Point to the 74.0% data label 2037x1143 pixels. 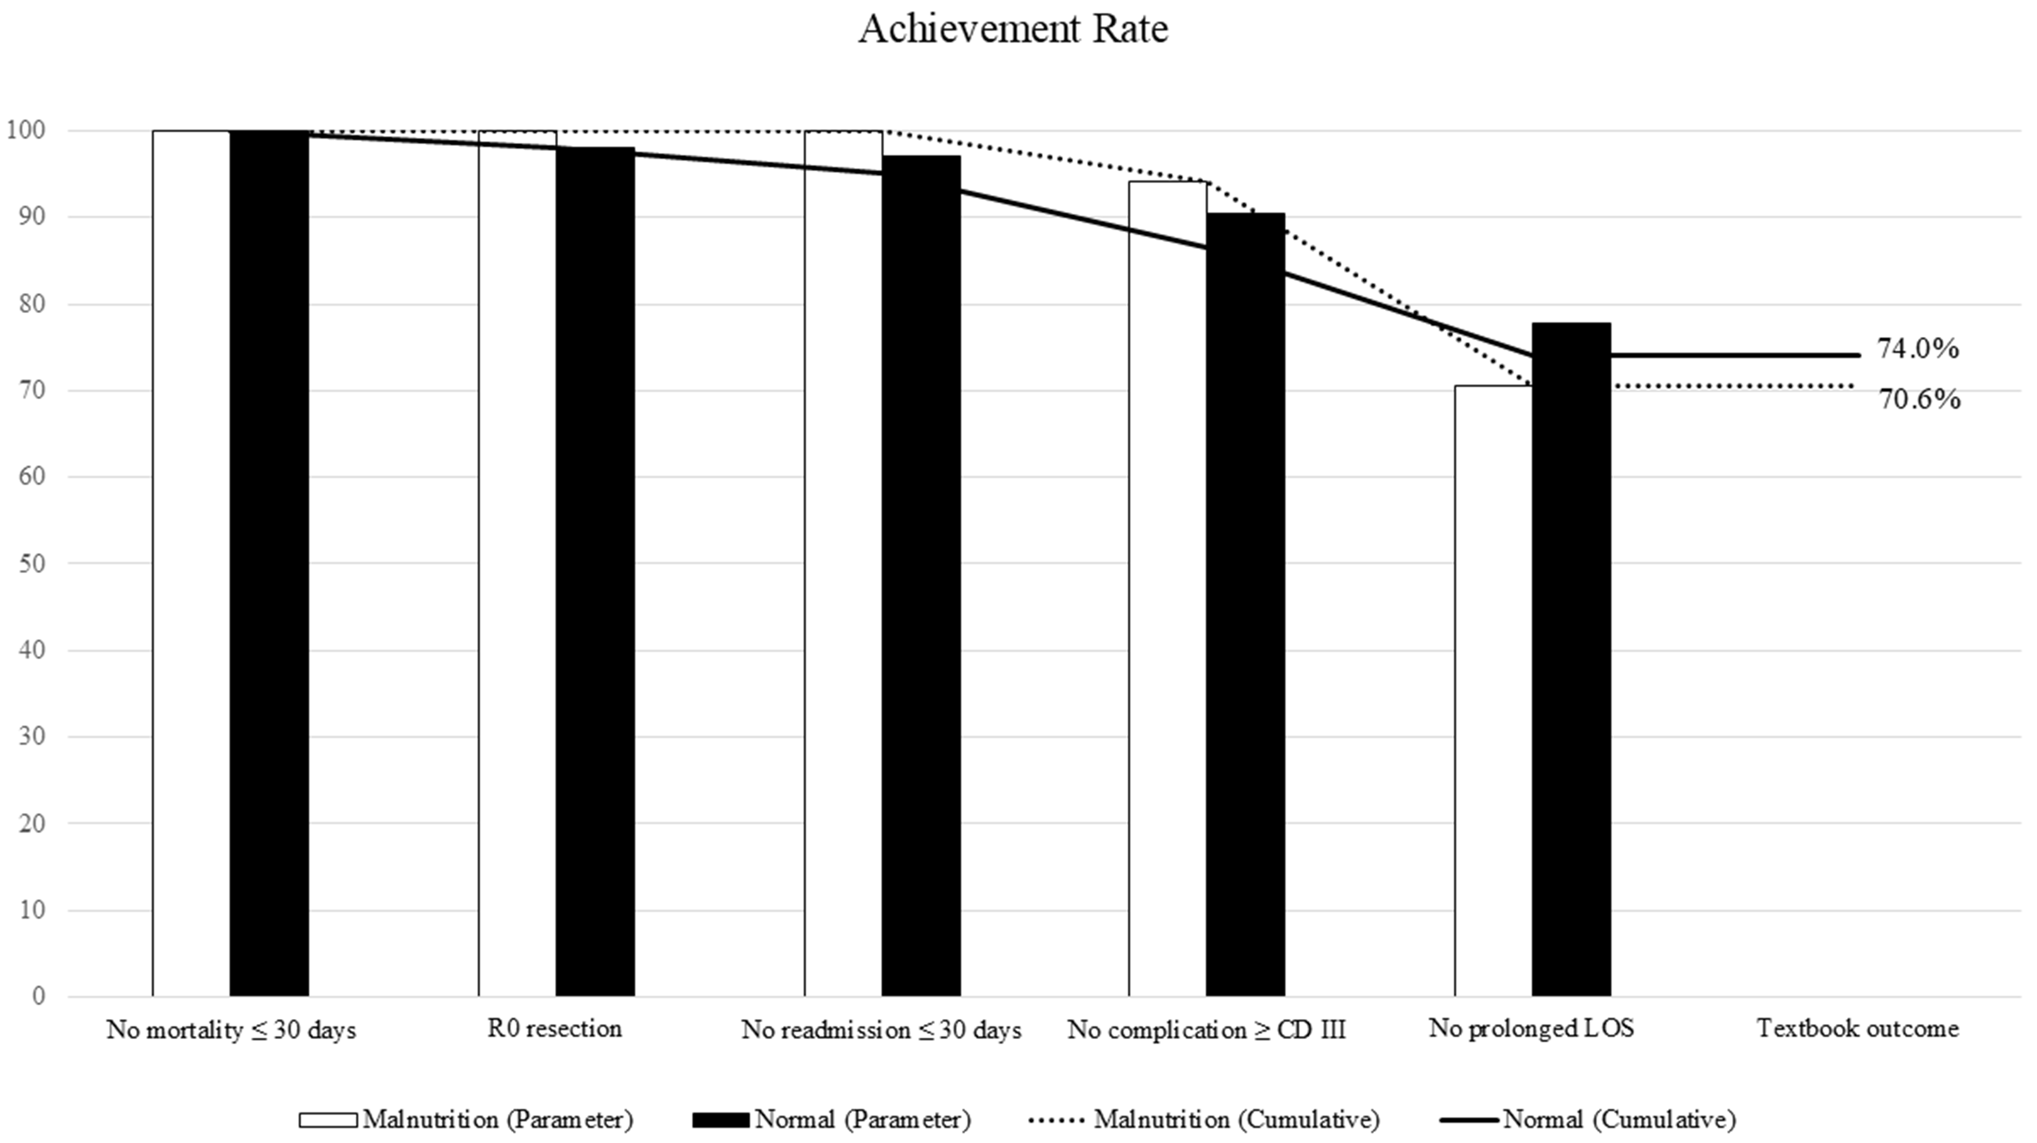[x=1918, y=349]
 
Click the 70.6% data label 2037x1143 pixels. [x=1919, y=400]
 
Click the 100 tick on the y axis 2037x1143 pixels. [x=26, y=131]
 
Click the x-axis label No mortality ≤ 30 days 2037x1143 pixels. [x=231, y=1030]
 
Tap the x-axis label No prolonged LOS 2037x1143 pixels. [x=1531, y=1028]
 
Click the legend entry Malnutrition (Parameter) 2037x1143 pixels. [x=467, y=1119]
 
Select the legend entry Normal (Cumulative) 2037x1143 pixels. [x=1590, y=1119]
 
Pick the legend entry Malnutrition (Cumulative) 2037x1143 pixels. [x=1205, y=1119]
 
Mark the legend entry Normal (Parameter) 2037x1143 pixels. [x=832, y=1119]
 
